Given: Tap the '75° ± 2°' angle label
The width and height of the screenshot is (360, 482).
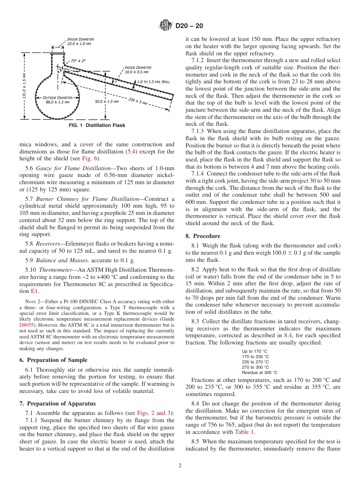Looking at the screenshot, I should click(x=78, y=61).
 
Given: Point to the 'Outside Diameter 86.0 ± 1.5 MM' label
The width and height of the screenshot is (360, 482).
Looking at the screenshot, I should click(x=57, y=100).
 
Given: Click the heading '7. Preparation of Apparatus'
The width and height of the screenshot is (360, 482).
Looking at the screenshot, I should click(x=58, y=403).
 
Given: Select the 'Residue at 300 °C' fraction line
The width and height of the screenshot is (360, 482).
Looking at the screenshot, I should click(x=260, y=372).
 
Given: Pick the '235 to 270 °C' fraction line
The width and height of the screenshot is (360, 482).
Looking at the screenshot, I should click(x=255, y=362).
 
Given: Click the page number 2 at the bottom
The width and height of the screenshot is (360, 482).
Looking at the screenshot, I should click(x=180, y=466).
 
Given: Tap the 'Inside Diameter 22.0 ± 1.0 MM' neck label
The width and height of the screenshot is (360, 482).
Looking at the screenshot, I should click(x=80, y=41).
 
